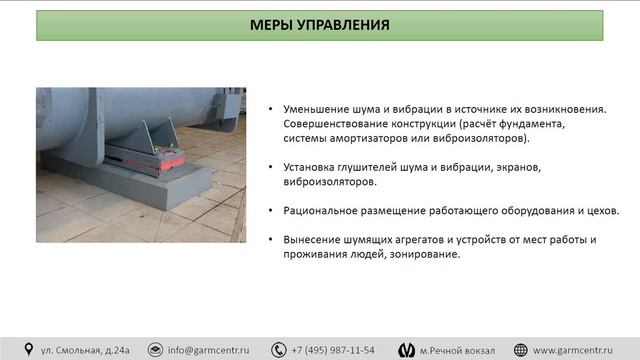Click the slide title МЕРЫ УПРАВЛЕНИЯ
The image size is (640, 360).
click(x=320, y=24)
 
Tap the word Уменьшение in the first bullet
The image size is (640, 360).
click(x=313, y=109)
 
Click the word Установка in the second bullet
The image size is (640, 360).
click(x=307, y=167)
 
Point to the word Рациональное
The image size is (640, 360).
click(x=319, y=210)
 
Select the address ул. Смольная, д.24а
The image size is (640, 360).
click(x=85, y=350)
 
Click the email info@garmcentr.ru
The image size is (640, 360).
click(x=208, y=350)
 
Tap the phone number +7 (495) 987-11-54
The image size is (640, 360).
click(x=333, y=350)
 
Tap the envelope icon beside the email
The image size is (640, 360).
click(x=155, y=350)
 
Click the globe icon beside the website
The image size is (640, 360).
click(x=520, y=350)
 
